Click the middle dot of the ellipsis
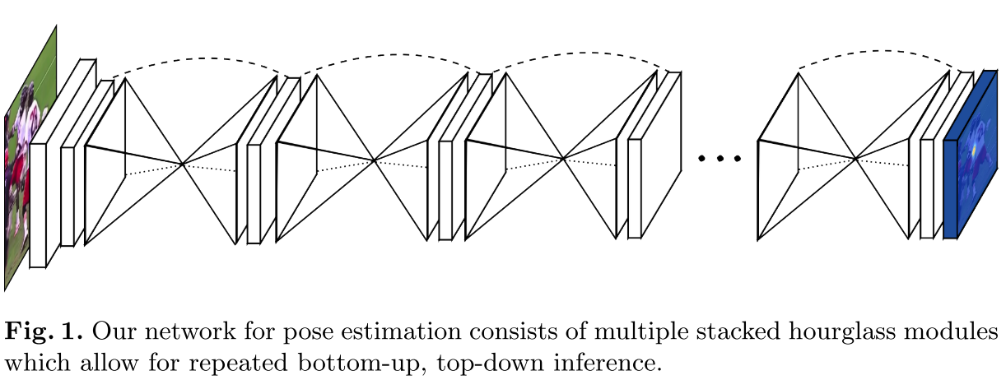coord(720,157)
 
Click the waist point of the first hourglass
coord(182,164)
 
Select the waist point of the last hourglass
coord(856,159)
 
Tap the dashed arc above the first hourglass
coord(202,58)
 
